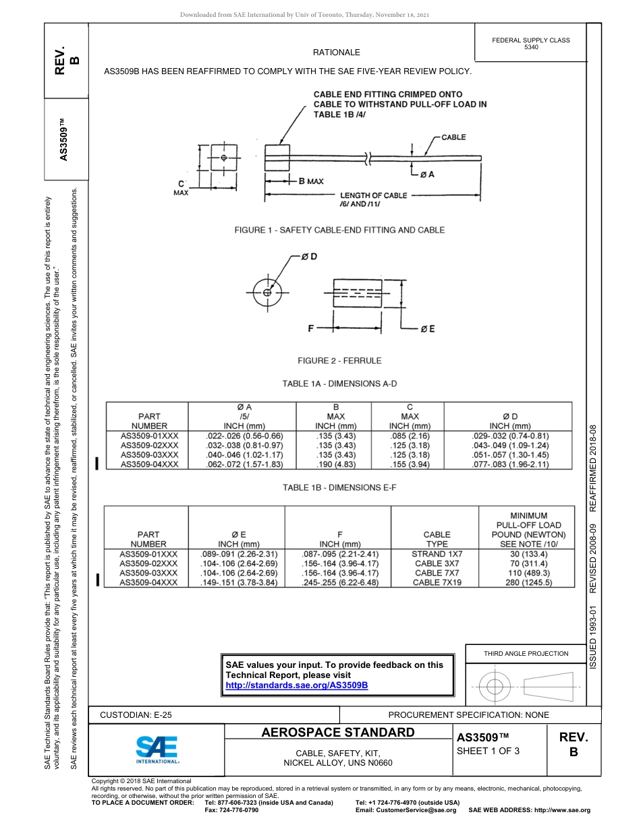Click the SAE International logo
click(157, 749)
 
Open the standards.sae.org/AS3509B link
click(296, 685)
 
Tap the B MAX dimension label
click(311, 181)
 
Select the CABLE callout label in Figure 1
click(453, 137)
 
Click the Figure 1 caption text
click(339, 230)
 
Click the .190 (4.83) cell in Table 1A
click(335, 464)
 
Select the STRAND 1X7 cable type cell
click(437, 553)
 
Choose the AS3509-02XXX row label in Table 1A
click(149, 446)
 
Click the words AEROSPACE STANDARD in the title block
click(338, 733)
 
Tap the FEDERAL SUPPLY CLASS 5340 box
click(531, 44)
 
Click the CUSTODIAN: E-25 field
click(140, 714)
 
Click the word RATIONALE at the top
click(336, 52)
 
